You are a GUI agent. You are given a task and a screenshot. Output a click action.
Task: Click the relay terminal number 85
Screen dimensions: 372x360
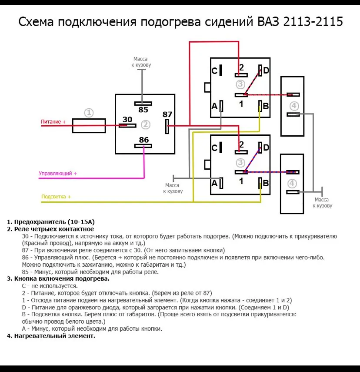click(143, 110)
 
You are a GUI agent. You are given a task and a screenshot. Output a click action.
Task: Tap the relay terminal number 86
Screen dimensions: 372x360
click(143, 140)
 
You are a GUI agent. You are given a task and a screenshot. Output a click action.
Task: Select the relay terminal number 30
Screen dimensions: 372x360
click(127, 119)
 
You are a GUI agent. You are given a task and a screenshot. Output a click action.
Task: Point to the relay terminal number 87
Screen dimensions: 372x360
click(167, 114)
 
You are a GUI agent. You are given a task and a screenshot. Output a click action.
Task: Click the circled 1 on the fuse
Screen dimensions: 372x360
click(89, 113)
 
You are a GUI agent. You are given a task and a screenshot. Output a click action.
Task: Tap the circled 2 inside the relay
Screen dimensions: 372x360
click(146, 125)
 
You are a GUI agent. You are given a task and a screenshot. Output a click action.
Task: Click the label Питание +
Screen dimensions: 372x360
click(53, 122)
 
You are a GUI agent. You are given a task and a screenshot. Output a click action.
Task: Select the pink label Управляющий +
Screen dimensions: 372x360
click(57, 173)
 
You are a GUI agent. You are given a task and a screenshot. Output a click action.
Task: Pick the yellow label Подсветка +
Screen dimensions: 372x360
click(56, 197)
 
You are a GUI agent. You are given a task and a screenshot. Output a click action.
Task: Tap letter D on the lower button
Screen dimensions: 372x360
click(266, 148)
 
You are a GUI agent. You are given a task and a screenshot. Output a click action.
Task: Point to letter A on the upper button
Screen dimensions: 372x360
click(214, 106)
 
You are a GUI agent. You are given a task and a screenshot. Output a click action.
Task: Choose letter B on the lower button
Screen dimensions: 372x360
click(266, 183)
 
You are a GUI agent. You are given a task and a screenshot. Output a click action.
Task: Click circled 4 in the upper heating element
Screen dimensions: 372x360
click(294, 106)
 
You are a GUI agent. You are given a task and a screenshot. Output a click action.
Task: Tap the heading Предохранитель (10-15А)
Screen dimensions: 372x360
click(48, 221)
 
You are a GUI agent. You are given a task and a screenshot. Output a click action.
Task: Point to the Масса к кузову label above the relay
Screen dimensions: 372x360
click(141, 62)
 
